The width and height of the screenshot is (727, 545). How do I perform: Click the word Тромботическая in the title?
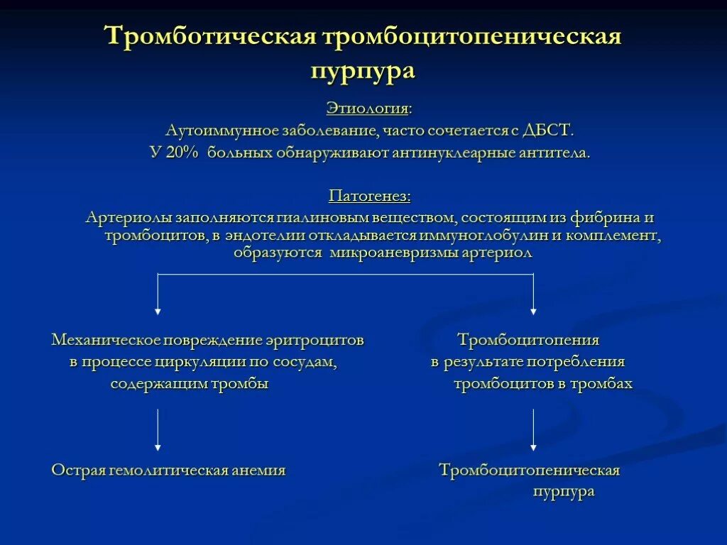pyautogui.click(x=210, y=36)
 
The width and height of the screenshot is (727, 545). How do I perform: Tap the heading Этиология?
pyautogui.click(x=368, y=109)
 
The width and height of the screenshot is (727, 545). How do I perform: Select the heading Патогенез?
pyautogui.click(x=369, y=195)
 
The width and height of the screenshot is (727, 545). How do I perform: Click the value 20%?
pyautogui.click(x=184, y=153)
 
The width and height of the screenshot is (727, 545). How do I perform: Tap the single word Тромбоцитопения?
pyautogui.click(x=528, y=340)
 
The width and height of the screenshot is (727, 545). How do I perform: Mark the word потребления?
pyautogui.click(x=580, y=362)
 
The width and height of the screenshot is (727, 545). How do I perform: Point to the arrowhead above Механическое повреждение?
pyautogui.click(x=158, y=309)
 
